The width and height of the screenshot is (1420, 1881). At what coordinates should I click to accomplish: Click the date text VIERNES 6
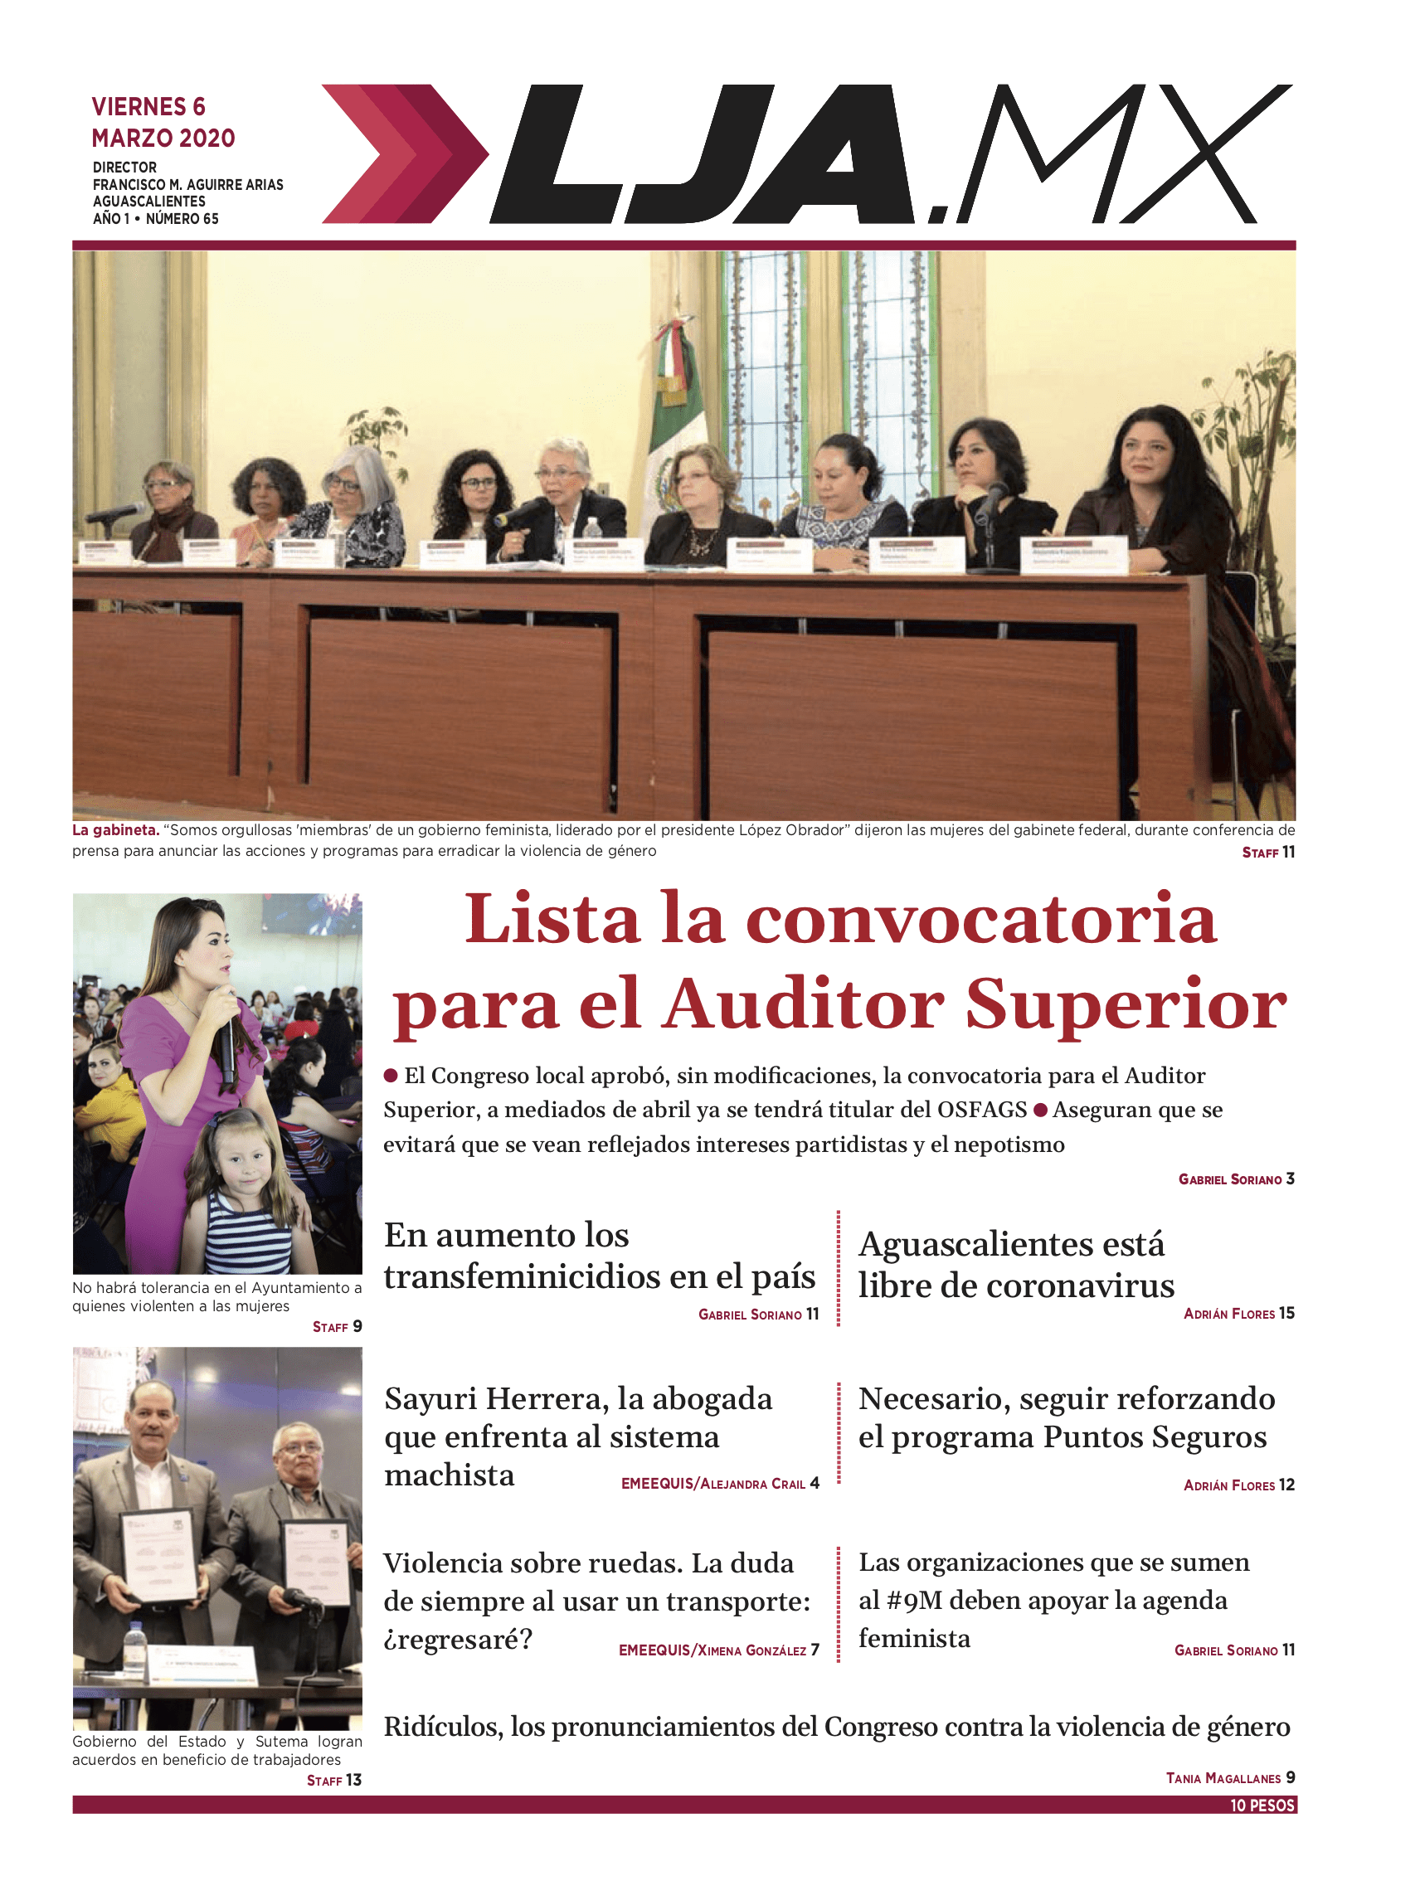(x=148, y=107)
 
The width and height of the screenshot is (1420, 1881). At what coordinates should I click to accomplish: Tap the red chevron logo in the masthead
(x=404, y=154)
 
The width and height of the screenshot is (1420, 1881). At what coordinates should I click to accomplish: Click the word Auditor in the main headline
(x=804, y=1005)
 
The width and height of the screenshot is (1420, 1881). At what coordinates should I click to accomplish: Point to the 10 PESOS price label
(x=1262, y=1806)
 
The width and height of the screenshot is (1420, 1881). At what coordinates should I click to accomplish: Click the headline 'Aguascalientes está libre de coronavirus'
(x=1015, y=1266)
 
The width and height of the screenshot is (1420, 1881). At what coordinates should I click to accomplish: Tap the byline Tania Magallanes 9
(x=1229, y=1777)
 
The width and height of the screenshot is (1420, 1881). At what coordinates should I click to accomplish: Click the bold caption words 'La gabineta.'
(x=115, y=830)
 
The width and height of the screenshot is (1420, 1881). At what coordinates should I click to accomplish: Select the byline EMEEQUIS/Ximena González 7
(x=718, y=1650)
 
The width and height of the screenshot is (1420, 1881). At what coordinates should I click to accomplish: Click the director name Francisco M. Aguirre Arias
(x=188, y=184)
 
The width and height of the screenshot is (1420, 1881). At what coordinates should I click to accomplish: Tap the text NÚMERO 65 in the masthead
(x=182, y=219)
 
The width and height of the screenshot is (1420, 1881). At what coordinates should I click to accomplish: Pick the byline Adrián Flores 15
(x=1238, y=1314)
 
